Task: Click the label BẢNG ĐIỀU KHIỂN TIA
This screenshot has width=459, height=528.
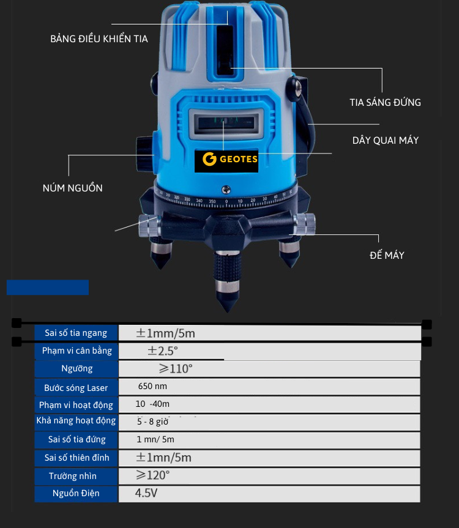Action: point(99,39)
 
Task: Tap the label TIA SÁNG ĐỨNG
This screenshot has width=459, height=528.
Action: point(385,102)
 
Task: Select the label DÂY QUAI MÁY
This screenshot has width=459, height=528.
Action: point(386,140)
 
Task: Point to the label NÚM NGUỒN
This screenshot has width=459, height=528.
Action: point(72,188)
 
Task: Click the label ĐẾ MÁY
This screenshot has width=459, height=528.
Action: point(387,255)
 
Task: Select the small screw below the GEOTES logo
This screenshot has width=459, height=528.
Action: point(226,190)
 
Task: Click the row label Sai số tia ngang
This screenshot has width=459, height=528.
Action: point(76,333)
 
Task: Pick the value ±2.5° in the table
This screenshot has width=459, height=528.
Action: point(162,351)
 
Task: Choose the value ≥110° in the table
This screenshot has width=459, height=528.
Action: point(176,369)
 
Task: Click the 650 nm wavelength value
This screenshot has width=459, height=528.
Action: point(152,387)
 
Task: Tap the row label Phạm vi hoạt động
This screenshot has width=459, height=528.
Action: point(76,405)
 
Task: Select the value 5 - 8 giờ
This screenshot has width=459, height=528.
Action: point(152,422)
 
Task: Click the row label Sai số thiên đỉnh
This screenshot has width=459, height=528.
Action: point(76,458)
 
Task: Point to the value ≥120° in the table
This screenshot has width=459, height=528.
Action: point(153,475)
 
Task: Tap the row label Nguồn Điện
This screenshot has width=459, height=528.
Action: point(76,493)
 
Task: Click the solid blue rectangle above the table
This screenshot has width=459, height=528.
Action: point(48,288)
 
